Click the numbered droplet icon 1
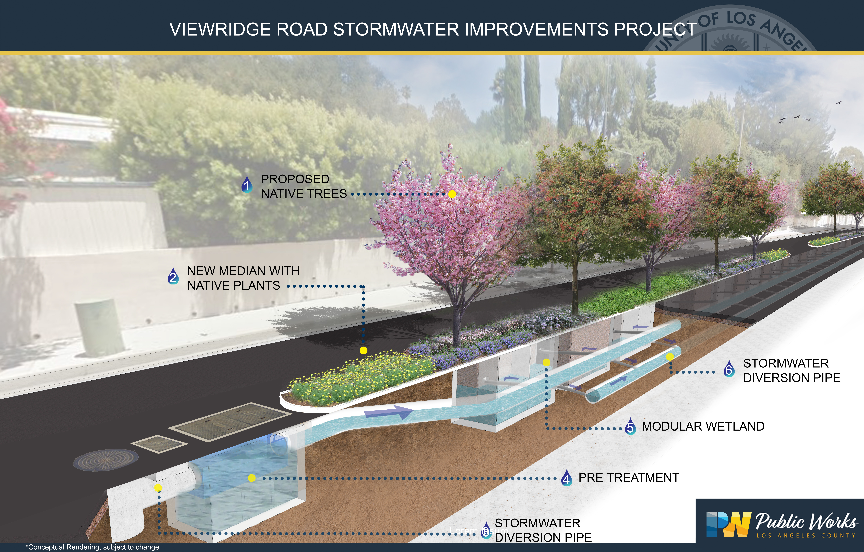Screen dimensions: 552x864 246,185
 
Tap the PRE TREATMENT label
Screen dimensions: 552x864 629,478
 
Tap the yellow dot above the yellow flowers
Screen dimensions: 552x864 363,350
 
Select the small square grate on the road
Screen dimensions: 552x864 159,444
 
